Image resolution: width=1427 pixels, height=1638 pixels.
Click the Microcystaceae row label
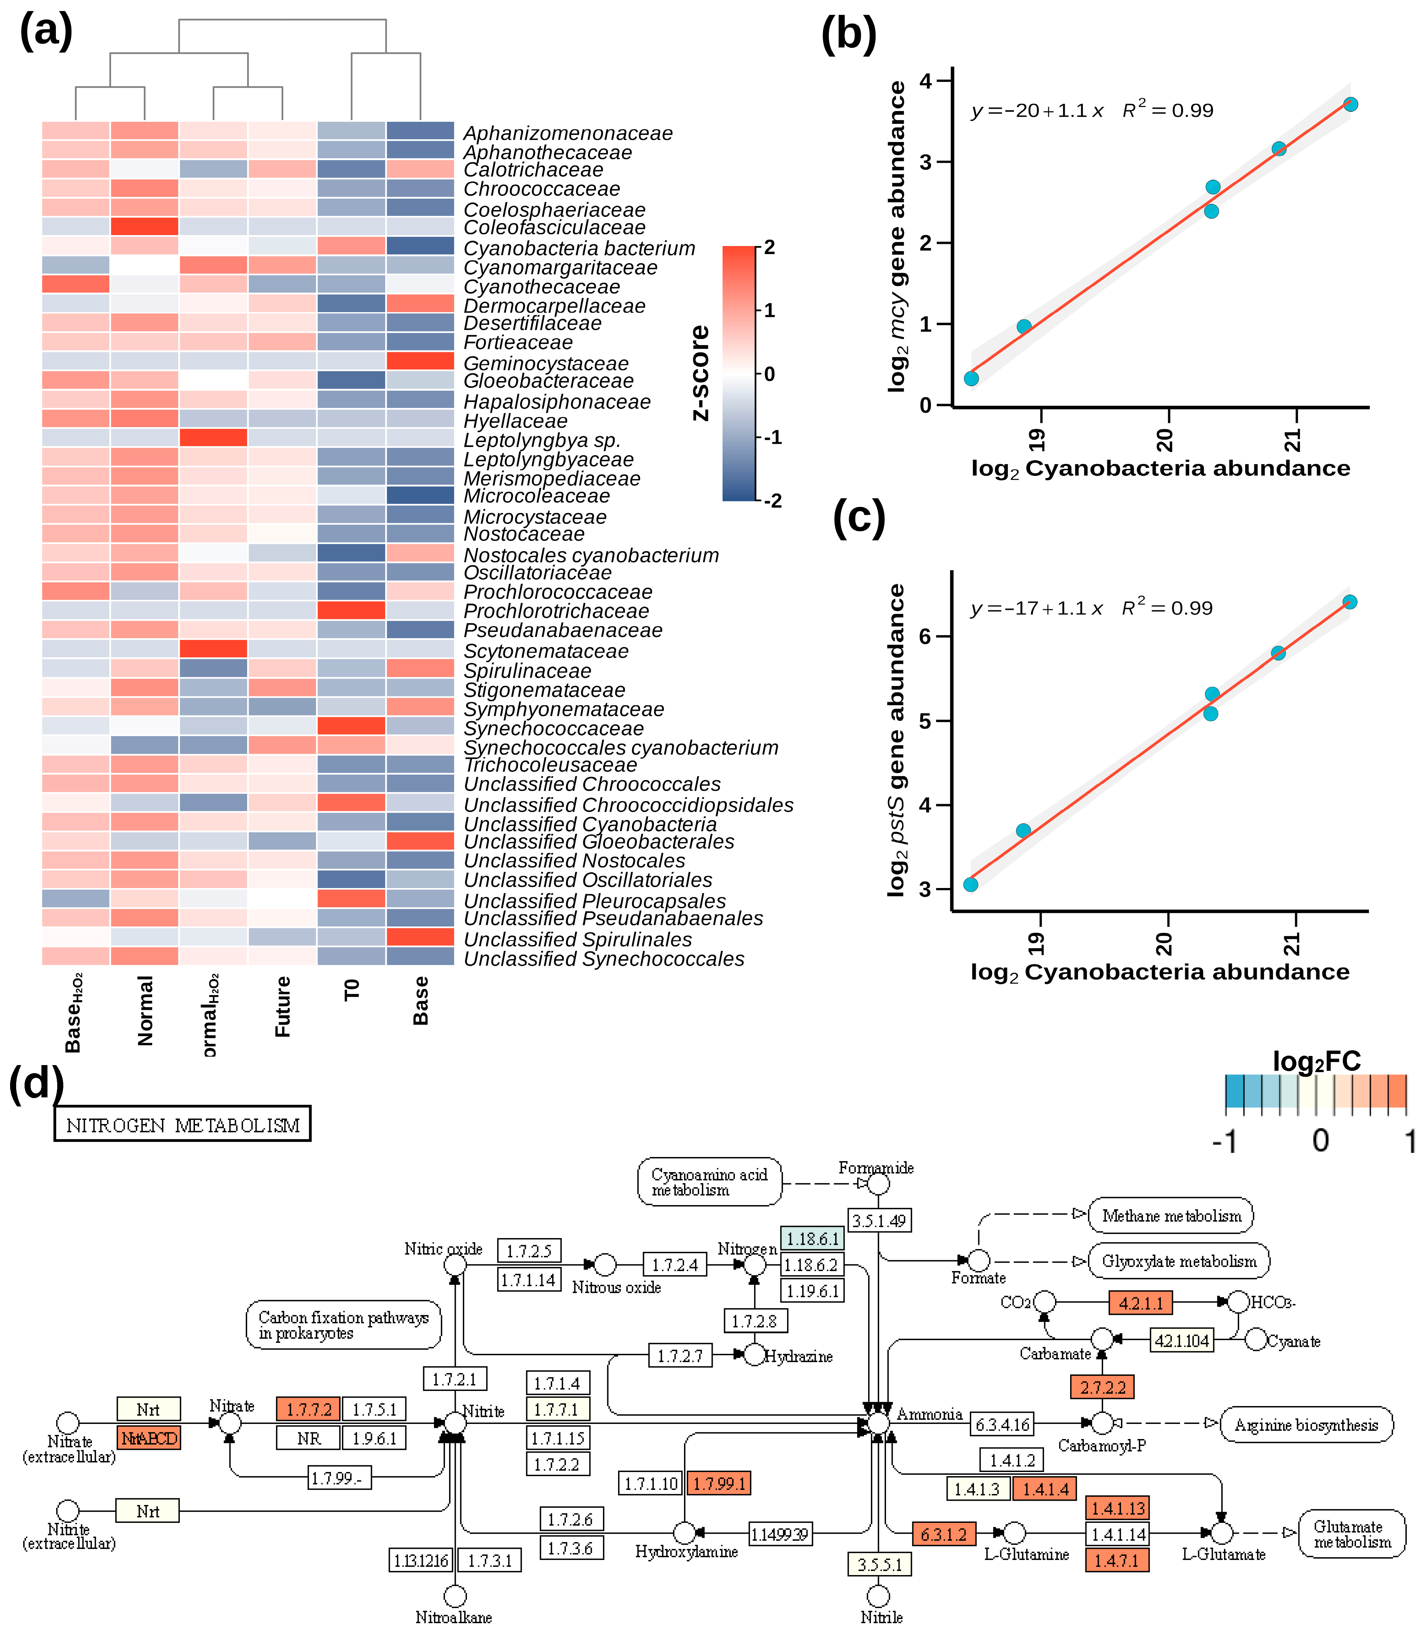[x=534, y=517]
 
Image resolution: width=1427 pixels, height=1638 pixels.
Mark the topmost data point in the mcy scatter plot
[x=1351, y=104]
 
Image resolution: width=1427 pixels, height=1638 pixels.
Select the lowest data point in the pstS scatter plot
[x=971, y=885]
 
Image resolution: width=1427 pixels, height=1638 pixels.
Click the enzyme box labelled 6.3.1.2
[x=944, y=1534]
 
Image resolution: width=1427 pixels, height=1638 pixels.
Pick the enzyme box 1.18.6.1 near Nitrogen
[x=811, y=1238]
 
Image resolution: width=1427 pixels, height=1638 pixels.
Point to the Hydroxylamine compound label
[x=686, y=1551]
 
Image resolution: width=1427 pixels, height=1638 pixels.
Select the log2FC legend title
[x=1316, y=1061]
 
